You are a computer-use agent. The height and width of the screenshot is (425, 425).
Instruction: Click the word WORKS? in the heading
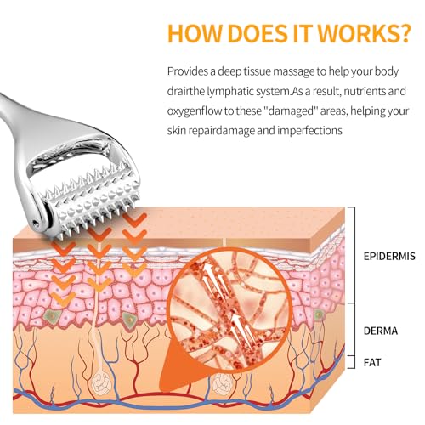[364, 33]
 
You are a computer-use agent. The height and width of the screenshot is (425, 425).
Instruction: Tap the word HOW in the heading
[194, 33]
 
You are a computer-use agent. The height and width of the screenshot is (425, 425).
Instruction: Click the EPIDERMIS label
[389, 256]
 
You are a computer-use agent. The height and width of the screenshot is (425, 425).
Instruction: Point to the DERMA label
[381, 331]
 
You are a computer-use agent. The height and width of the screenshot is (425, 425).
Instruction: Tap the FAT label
[372, 363]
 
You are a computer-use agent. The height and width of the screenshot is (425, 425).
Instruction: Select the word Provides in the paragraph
[188, 71]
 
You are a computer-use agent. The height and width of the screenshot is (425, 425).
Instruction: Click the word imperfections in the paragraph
[309, 131]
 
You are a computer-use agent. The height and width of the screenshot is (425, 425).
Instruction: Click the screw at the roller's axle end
[36, 224]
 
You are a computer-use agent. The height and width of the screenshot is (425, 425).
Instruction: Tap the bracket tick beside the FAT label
[351, 362]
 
